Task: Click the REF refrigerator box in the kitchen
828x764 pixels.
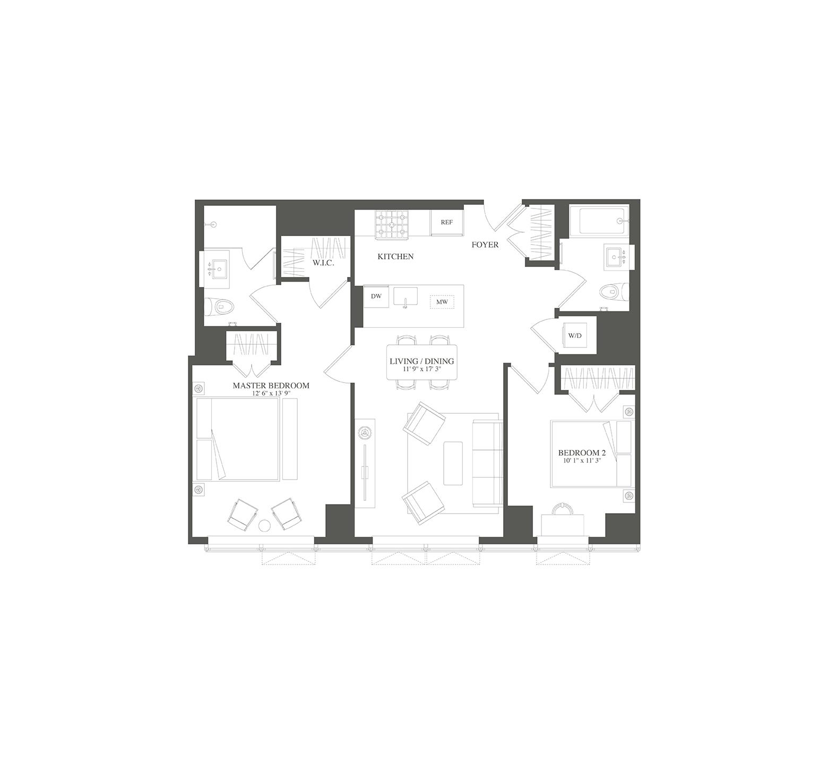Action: pyautogui.click(x=446, y=222)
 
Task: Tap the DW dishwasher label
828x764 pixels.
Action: pyautogui.click(x=376, y=297)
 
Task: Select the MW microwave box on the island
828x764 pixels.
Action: pyautogui.click(x=442, y=302)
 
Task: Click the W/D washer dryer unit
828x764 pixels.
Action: pyautogui.click(x=574, y=336)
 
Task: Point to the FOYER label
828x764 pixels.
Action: pyautogui.click(x=485, y=245)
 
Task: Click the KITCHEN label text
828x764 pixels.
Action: pyautogui.click(x=395, y=257)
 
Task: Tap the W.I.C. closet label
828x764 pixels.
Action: pyautogui.click(x=323, y=263)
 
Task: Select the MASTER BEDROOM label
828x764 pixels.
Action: pyautogui.click(x=271, y=386)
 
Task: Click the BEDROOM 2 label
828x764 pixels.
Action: pyautogui.click(x=582, y=453)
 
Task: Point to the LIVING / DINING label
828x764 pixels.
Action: pyautogui.click(x=422, y=361)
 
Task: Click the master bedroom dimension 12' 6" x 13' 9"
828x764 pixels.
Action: pyautogui.click(x=271, y=393)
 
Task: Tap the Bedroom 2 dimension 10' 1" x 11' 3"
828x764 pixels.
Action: pyautogui.click(x=582, y=461)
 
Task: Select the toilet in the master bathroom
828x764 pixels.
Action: pyautogui.click(x=224, y=307)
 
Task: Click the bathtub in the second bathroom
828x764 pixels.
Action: pyautogui.click(x=601, y=221)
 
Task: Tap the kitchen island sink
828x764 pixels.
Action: pyautogui.click(x=406, y=297)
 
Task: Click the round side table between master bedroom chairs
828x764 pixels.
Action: pyautogui.click(x=264, y=525)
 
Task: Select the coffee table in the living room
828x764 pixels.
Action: pyautogui.click(x=453, y=463)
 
